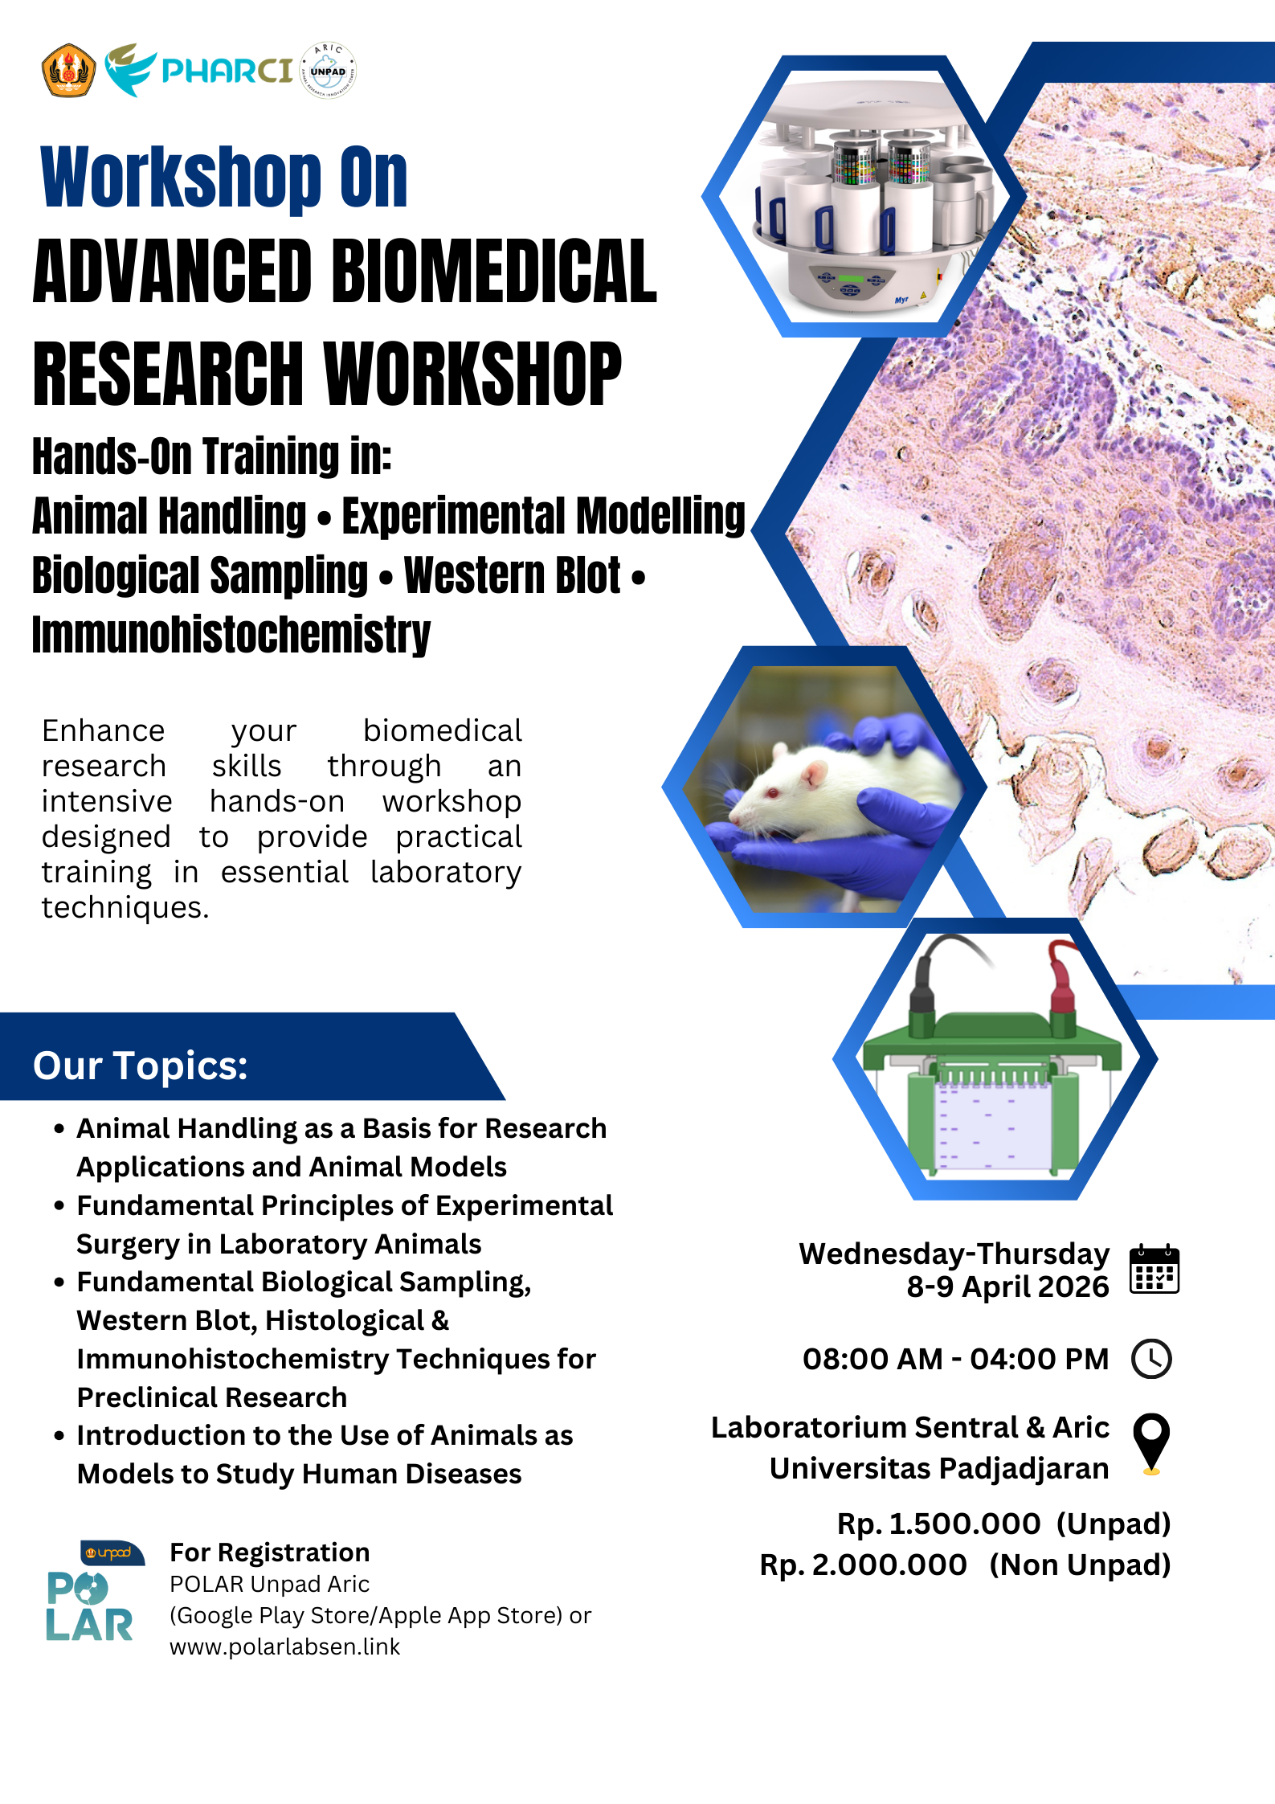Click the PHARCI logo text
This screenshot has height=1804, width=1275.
click(227, 71)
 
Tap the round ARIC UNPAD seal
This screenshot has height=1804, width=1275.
click(328, 71)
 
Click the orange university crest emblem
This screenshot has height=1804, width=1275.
click(68, 71)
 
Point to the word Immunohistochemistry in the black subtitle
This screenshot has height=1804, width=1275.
click(231, 635)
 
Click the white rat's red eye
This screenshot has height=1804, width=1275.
click(774, 794)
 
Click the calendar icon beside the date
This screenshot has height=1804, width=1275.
click(1154, 1269)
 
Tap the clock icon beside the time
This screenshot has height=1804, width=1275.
click(1151, 1359)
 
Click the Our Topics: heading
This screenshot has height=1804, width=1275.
click(141, 1066)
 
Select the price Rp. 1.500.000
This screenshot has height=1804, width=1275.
click(938, 1524)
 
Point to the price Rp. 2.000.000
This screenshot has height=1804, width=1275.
click(864, 1565)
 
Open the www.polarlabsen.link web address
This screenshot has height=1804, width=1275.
click(284, 1647)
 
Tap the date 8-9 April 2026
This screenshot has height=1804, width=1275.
click(1007, 1287)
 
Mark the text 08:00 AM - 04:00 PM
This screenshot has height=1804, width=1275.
click(955, 1359)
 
